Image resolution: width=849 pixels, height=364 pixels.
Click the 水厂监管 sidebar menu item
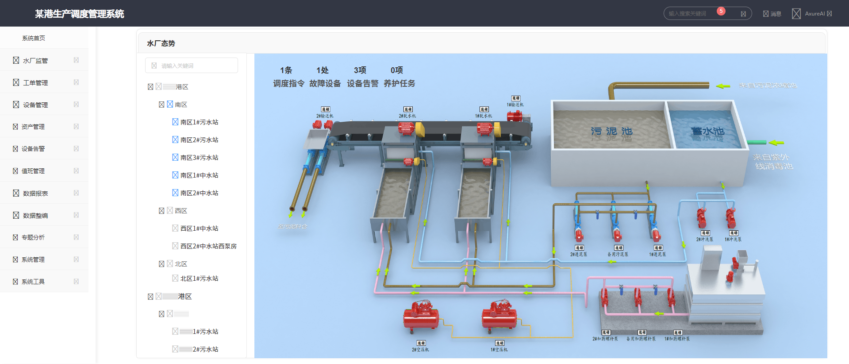click(35, 61)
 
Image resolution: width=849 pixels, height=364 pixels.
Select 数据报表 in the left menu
click(35, 194)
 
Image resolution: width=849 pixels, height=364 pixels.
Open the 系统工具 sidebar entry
click(33, 282)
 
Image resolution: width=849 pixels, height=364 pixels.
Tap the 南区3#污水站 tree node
click(199, 158)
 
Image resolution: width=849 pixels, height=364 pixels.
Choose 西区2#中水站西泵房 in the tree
click(208, 246)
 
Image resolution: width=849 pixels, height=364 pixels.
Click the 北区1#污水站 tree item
click(199, 279)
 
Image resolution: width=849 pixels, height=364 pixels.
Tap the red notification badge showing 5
click(721, 11)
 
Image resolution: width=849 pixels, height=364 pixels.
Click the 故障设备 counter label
click(325, 83)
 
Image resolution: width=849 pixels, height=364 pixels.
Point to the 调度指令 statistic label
click(288, 83)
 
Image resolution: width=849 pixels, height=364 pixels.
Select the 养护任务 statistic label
click(399, 83)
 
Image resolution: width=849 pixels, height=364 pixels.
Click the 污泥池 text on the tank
click(611, 132)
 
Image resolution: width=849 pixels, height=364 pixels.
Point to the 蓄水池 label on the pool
click(707, 132)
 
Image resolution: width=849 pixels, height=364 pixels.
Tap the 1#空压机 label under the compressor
click(499, 350)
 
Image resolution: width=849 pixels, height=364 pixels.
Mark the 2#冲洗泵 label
click(705, 240)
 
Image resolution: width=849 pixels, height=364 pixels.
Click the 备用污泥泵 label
click(618, 255)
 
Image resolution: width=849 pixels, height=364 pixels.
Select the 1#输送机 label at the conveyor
click(515, 105)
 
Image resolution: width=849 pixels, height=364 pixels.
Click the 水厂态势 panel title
click(161, 43)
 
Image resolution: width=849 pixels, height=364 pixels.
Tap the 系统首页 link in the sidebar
click(34, 38)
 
